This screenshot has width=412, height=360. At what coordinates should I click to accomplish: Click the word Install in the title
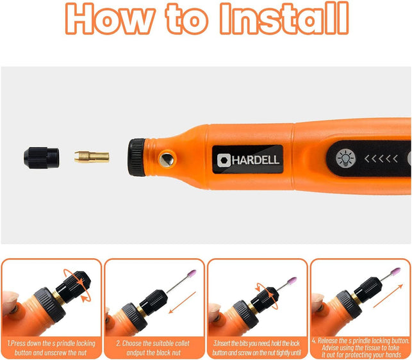284,19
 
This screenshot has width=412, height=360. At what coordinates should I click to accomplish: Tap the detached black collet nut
42,156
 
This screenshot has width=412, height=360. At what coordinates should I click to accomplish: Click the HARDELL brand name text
255,160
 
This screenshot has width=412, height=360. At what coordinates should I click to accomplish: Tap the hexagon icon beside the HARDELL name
223,160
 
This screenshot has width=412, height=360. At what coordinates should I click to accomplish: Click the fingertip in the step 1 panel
9,301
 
